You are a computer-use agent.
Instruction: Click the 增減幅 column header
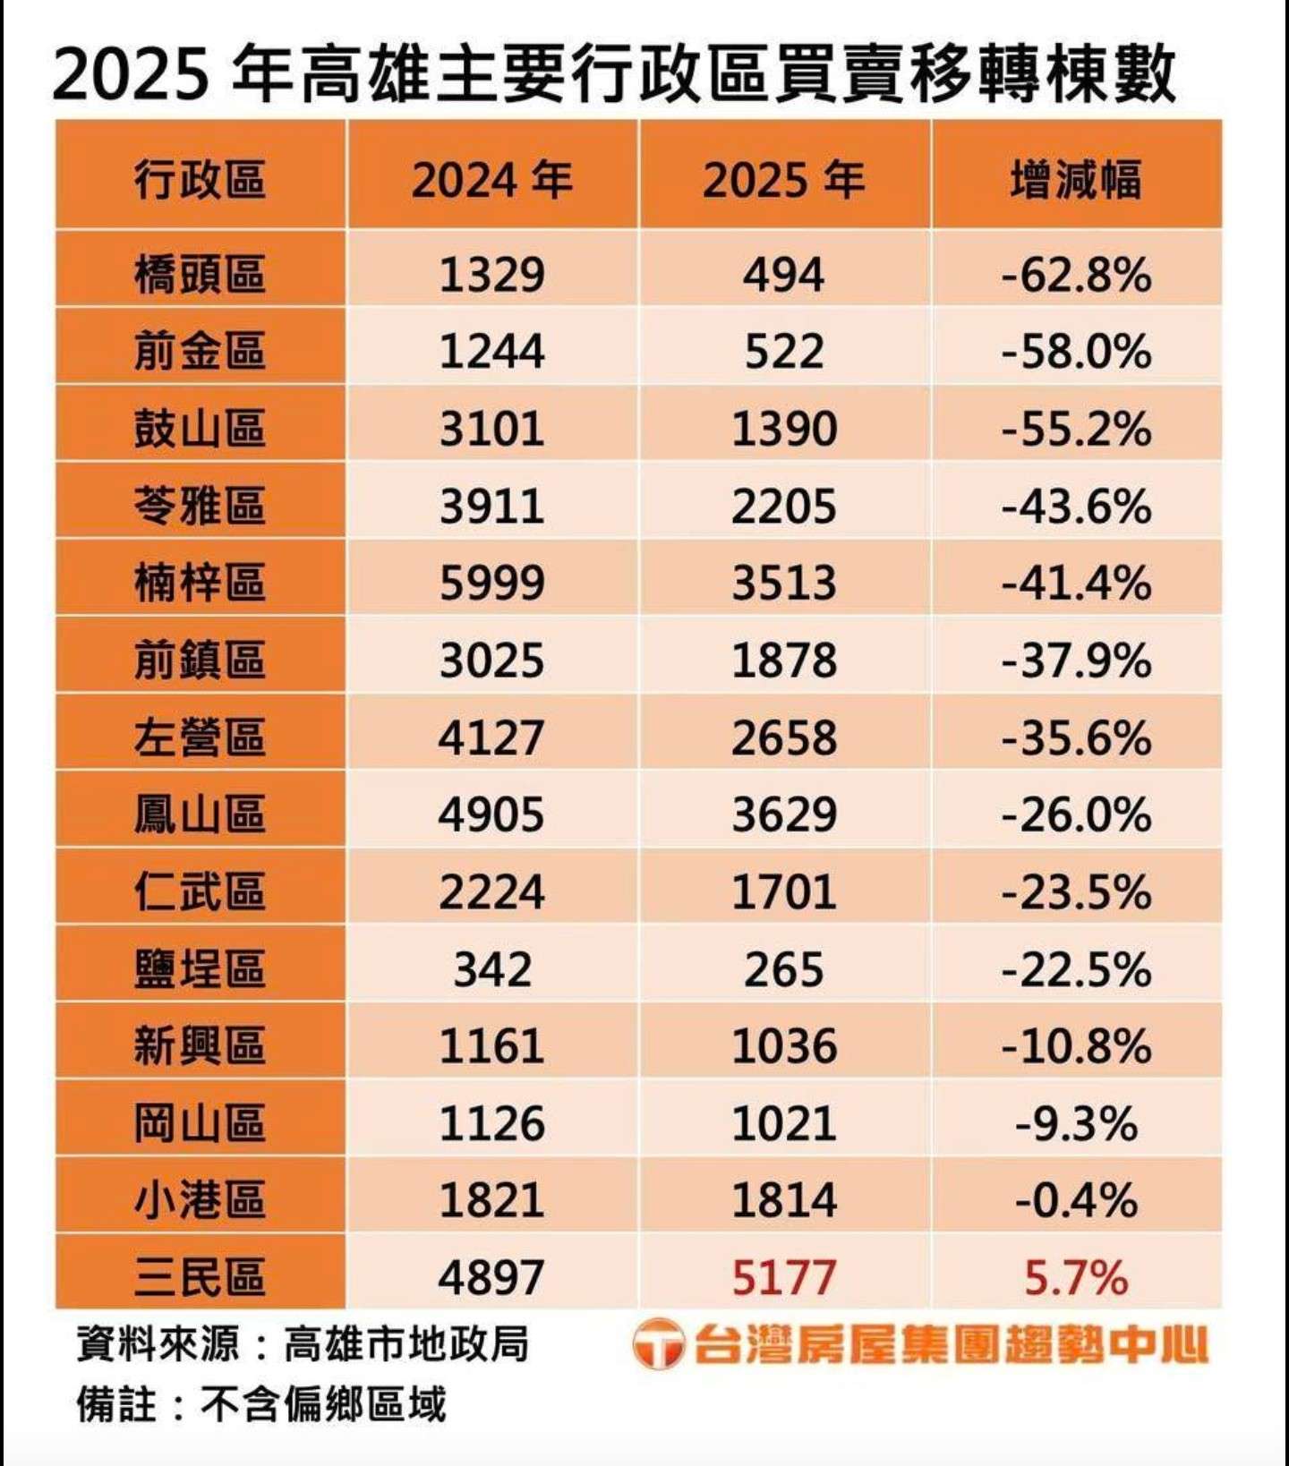pyautogui.click(x=1075, y=179)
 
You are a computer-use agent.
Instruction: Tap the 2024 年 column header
pyautogui.click(x=491, y=179)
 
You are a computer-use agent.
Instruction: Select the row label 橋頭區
pyautogui.click(x=200, y=273)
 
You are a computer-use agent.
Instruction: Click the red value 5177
pyautogui.click(x=783, y=1277)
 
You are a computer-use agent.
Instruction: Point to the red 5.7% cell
pyautogui.click(x=1075, y=1277)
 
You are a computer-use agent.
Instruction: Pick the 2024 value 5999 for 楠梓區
pyautogui.click(x=491, y=583)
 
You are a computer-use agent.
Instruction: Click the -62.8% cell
pyautogui.click(x=1075, y=273)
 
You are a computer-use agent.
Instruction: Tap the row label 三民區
pyautogui.click(x=200, y=1277)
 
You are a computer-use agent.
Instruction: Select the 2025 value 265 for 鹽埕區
pyautogui.click(x=783, y=969)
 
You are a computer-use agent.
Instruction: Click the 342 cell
pyautogui.click(x=491, y=969)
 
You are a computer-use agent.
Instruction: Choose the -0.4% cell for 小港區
pyautogui.click(x=1075, y=1200)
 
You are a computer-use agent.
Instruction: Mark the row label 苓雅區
pyautogui.click(x=200, y=506)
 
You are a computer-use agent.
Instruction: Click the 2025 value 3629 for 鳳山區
pyautogui.click(x=783, y=814)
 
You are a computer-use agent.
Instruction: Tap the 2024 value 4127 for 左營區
pyautogui.click(x=491, y=737)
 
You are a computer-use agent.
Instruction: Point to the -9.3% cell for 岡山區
pyautogui.click(x=1075, y=1123)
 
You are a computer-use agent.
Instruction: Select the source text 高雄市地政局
pyautogui.click(x=406, y=1343)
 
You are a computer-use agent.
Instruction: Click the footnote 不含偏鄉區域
pyautogui.click(x=322, y=1403)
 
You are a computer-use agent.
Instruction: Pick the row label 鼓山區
pyautogui.click(x=200, y=428)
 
